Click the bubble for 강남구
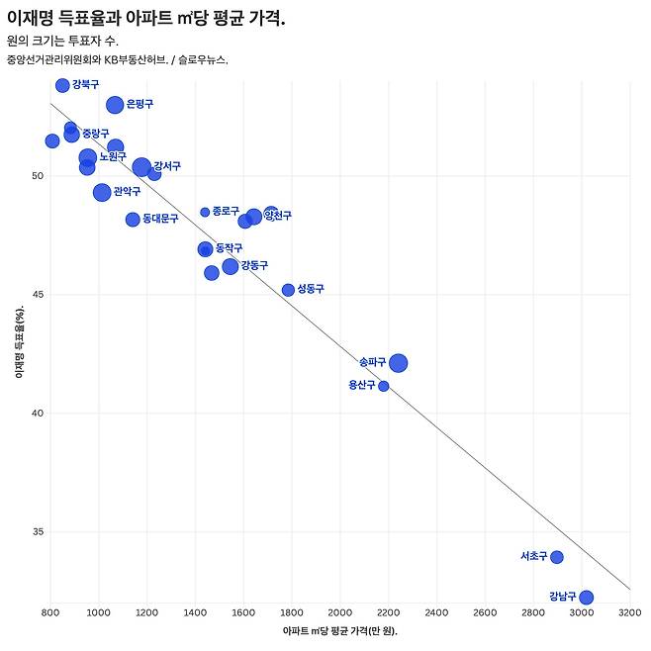tap(586, 597)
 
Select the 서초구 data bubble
tap(557, 557)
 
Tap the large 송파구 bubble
tap(398, 363)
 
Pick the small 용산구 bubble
tap(384, 386)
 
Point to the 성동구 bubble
tap(288, 290)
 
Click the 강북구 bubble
tap(62, 85)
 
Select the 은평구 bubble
tap(115, 105)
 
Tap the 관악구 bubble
tap(102, 192)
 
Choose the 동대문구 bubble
tap(133, 219)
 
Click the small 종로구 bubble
tap(205, 212)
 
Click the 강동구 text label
tap(254, 265)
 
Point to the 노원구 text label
tap(113, 157)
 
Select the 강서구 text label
tap(167, 166)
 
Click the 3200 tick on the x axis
tap(630, 613)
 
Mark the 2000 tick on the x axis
tap(340, 613)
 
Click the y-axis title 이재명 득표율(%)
tap(19, 343)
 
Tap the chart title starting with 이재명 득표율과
tap(145, 19)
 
